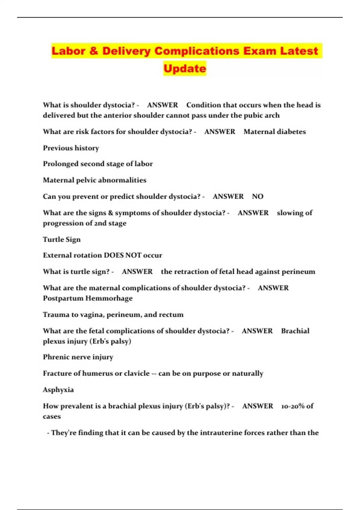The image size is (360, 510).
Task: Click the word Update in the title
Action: pos(185,68)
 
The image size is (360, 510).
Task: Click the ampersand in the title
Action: pos(93,51)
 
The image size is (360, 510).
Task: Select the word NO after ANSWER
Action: pos(257,196)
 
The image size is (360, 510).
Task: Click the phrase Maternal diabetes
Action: pos(274,132)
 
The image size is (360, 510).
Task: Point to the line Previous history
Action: pos(71,148)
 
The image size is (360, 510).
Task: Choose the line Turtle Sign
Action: pos(62,239)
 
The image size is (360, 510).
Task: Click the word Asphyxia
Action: pos(58,390)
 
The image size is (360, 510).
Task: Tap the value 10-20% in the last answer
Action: pos(293,406)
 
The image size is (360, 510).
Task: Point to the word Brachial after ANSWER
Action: pos(295,331)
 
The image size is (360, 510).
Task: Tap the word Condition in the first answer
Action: pos(203,105)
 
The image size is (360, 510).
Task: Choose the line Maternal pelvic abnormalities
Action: pos(94,180)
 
